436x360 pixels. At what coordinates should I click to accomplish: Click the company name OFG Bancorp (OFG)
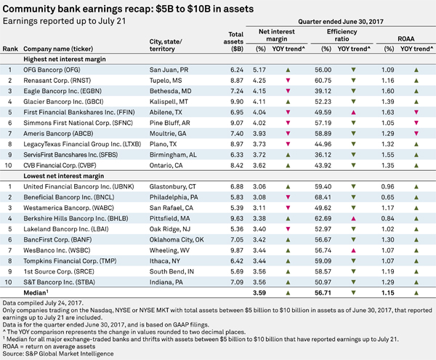[52, 70]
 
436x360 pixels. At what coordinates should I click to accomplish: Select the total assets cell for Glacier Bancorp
[237, 102]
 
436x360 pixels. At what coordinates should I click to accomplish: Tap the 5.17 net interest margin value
[259, 70]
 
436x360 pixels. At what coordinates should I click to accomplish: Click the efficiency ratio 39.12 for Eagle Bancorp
[323, 91]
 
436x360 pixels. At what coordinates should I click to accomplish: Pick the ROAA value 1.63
[387, 113]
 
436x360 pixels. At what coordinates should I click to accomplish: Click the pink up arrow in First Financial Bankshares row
[353, 113]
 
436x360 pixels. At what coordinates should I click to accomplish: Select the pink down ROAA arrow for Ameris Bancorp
[416, 134]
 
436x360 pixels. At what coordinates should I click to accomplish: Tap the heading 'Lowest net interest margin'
[64, 176]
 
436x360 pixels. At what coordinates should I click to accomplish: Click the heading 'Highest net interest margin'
[65, 59]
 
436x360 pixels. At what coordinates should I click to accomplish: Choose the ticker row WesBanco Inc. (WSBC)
[57, 250]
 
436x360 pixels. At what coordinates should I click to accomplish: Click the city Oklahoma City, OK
[177, 240]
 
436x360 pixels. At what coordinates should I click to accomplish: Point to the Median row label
[36, 292]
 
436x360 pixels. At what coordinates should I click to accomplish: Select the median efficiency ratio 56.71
[323, 293]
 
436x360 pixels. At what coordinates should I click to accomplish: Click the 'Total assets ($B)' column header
[233, 41]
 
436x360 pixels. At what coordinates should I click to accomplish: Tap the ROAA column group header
[406, 39]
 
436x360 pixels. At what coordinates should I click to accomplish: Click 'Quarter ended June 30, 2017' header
[341, 22]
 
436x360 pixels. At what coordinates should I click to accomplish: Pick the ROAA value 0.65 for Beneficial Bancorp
[387, 197]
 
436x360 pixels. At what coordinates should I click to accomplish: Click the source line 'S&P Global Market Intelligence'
[70, 354]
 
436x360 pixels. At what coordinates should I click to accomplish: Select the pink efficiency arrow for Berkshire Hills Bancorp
[353, 219]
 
